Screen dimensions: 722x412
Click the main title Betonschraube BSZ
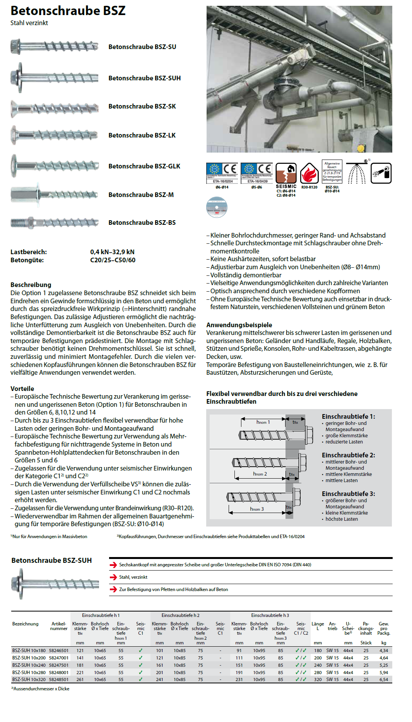(x=68, y=11)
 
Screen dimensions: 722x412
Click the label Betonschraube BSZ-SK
(x=142, y=106)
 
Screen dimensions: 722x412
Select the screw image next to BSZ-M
(x=54, y=194)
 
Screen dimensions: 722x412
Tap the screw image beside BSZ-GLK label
(x=54, y=166)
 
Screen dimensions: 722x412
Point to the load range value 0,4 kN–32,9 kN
(x=112, y=252)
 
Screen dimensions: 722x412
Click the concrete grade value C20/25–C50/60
(x=113, y=260)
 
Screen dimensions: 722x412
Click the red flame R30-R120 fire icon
(x=309, y=173)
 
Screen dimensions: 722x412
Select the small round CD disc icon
(x=217, y=207)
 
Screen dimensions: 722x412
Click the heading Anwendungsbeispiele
(x=239, y=325)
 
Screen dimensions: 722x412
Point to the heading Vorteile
(x=22, y=389)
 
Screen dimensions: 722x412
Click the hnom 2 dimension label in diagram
(x=260, y=474)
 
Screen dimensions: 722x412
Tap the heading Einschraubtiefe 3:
(x=348, y=494)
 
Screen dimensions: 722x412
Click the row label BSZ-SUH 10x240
(x=29, y=665)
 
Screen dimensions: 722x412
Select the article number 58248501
(x=59, y=680)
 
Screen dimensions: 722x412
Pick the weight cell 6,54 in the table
(x=383, y=680)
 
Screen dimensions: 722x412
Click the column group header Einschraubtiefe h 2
(x=180, y=615)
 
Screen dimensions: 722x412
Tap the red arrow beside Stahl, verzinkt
(x=113, y=577)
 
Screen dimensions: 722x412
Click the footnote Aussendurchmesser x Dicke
(x=40, y=689)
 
